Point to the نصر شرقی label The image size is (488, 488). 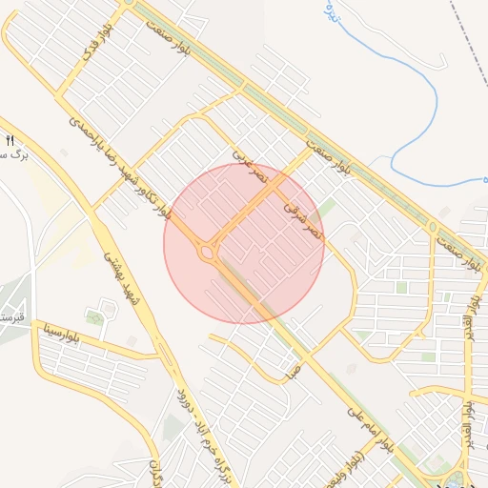[x=303, y=218]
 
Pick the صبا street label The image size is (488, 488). [x=292, y=371]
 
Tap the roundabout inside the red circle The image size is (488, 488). [x=207, y=253]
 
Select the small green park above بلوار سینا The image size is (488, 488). [x=94, y=316]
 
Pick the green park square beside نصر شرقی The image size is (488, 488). [x=327, y=208]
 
